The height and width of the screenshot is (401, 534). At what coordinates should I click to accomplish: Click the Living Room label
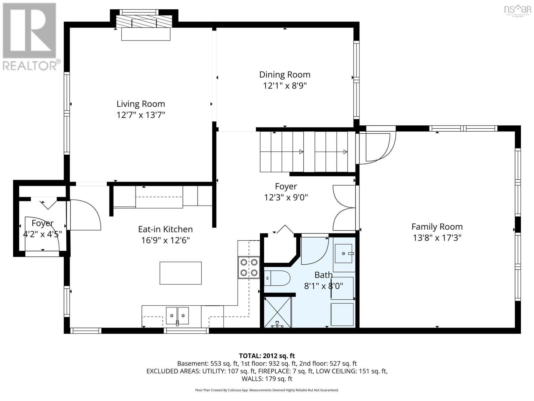click(141, 104)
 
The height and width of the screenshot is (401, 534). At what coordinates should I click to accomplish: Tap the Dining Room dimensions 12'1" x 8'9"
click(285, 86)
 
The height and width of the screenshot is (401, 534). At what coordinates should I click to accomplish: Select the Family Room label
click(437, 227)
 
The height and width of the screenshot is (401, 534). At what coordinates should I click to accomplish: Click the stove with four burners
click(249, 268)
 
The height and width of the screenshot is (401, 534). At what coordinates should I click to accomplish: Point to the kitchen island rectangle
click(180, 273)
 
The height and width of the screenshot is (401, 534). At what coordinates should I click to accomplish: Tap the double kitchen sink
click(177, 316)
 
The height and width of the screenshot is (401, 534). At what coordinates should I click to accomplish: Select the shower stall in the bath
click(278, 312)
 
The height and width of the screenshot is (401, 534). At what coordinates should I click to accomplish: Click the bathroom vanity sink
click(343, 253)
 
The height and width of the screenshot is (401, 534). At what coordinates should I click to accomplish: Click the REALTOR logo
click(30, 37)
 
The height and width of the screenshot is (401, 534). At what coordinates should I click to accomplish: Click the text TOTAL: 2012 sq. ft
click(267, 356)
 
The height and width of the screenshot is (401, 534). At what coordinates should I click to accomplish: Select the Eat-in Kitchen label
click(165, 229)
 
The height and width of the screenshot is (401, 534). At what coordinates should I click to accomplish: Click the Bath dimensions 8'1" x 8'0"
click(323, 286)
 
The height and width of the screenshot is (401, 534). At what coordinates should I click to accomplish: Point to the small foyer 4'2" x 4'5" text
click(42, 234)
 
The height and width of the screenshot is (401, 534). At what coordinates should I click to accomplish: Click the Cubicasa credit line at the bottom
click(267, 390)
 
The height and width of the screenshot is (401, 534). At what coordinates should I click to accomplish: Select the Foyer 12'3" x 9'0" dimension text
click(286, 197)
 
